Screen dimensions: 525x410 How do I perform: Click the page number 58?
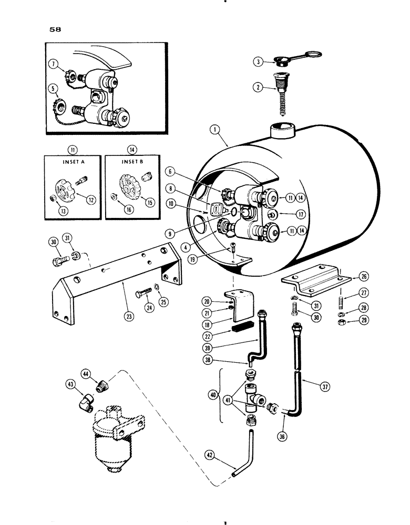click(55, 30)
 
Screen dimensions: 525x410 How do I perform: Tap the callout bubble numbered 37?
click(324, 388)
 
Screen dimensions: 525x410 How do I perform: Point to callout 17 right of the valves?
click(315, 215)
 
